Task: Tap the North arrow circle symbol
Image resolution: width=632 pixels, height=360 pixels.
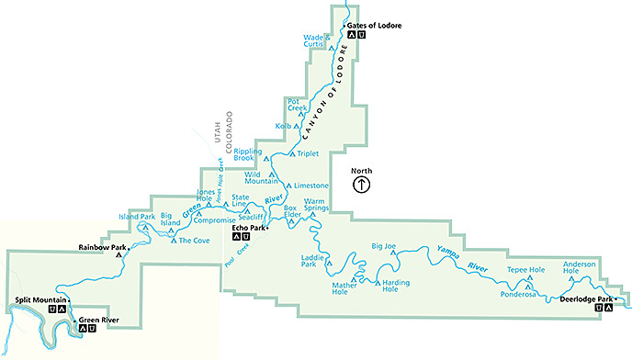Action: (362, 185)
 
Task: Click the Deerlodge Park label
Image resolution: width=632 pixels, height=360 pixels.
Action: (586, 298)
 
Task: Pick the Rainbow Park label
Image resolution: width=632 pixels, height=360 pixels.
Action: (101, 246)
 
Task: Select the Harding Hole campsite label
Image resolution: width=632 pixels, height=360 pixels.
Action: (396, 286)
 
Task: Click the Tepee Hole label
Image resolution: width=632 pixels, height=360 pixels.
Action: (526, 270)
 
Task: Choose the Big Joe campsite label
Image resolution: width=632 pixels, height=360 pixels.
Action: (383, 246)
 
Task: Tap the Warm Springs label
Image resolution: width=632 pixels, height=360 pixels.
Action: (316, 205)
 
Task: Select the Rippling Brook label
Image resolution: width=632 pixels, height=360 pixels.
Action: (248, 155)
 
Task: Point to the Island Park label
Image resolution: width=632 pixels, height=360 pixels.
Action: (136, 216)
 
